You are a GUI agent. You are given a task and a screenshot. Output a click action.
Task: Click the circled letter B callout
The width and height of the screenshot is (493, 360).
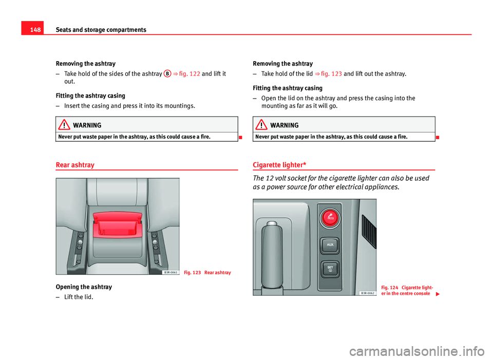click(167, 73)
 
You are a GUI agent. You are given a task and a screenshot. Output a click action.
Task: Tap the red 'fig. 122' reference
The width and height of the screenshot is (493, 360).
click(189, 73)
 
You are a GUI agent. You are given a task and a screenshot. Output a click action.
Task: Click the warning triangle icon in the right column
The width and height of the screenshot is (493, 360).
click(263, 125)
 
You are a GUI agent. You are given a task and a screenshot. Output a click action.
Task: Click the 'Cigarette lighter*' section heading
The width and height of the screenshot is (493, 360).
click(280, 165)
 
